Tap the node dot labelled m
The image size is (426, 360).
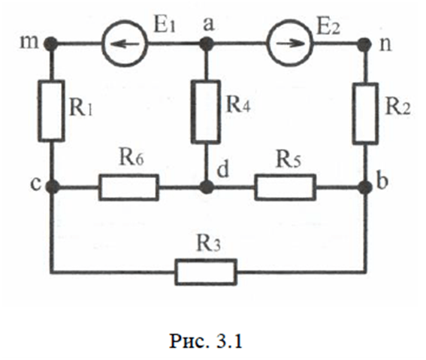pos(51,43)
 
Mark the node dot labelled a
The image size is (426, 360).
pos(206,43)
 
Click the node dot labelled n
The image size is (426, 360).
pos(364,43)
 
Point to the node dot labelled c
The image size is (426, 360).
pos(52,186)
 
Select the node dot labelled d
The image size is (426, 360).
pos(207,186)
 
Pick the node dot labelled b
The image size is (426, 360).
pos(365,187)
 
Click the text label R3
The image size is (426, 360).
pos(208,244)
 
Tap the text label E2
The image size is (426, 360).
pos(328,27)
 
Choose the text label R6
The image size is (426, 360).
pos(131,157)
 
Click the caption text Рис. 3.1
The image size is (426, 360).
pos(206,340)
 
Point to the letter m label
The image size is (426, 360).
pos(29,43)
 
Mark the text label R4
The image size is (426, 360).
pos(238,104)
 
